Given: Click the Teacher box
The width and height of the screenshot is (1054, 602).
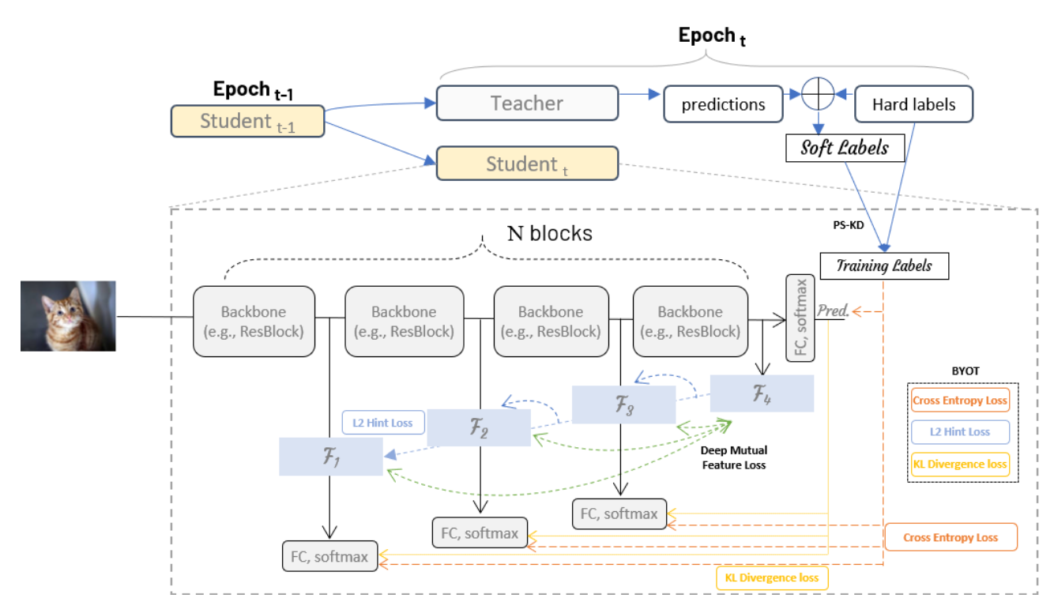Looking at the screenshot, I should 527,103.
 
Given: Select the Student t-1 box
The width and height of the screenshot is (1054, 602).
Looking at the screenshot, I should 247,122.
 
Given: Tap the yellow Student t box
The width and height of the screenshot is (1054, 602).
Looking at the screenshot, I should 527,164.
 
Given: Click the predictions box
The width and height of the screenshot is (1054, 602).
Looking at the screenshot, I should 723,103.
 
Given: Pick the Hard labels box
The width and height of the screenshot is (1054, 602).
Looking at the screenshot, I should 913,103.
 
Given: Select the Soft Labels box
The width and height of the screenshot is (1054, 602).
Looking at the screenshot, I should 845,148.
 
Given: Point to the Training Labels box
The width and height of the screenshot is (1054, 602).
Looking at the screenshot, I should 884,265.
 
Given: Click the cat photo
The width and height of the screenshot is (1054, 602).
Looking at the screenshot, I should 68,316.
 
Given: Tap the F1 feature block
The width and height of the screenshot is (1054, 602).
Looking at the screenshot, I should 331,457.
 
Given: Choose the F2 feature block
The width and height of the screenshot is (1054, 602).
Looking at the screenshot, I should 478,428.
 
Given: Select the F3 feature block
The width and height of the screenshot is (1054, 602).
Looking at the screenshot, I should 623,404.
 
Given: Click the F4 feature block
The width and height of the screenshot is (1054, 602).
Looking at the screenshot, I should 762,393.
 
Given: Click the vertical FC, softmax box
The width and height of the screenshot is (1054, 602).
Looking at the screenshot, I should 800,318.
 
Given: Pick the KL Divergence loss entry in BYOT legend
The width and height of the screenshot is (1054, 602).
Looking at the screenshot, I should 960,464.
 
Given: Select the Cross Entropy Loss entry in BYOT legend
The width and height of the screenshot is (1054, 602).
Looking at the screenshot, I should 960,401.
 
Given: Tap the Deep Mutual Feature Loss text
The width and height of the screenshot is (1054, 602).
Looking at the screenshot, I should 735,457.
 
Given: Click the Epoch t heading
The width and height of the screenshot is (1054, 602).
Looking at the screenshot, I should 712,36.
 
